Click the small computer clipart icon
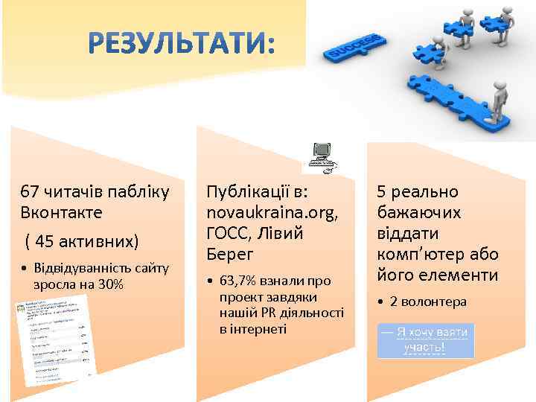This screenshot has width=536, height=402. tap(322, 156)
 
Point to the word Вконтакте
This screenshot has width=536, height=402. tap(62, 212)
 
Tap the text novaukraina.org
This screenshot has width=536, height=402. tap(272, 212)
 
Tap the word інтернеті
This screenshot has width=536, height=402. tap(253, 328)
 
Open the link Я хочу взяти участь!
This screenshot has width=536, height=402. tap(425, 339)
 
